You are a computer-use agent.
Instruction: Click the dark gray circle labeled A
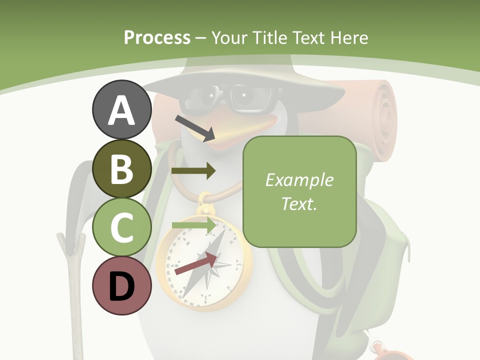[x=121, y=110]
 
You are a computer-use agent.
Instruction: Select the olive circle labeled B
[x=121, y=169]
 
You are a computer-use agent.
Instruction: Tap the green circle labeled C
[x=121, y=227]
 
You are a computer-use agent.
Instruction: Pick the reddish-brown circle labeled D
[x=121, y=286]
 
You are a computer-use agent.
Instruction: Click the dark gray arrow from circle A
[x=195, y=128]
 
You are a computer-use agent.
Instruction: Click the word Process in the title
[x=157, y=38]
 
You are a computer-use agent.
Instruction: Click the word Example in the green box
[x=299, y=180]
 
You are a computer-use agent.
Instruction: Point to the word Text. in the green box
[x=299, y=203]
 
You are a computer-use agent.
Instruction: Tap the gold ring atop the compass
[x=205, y=202]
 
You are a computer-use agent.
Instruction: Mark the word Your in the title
[x=228, y=38]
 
